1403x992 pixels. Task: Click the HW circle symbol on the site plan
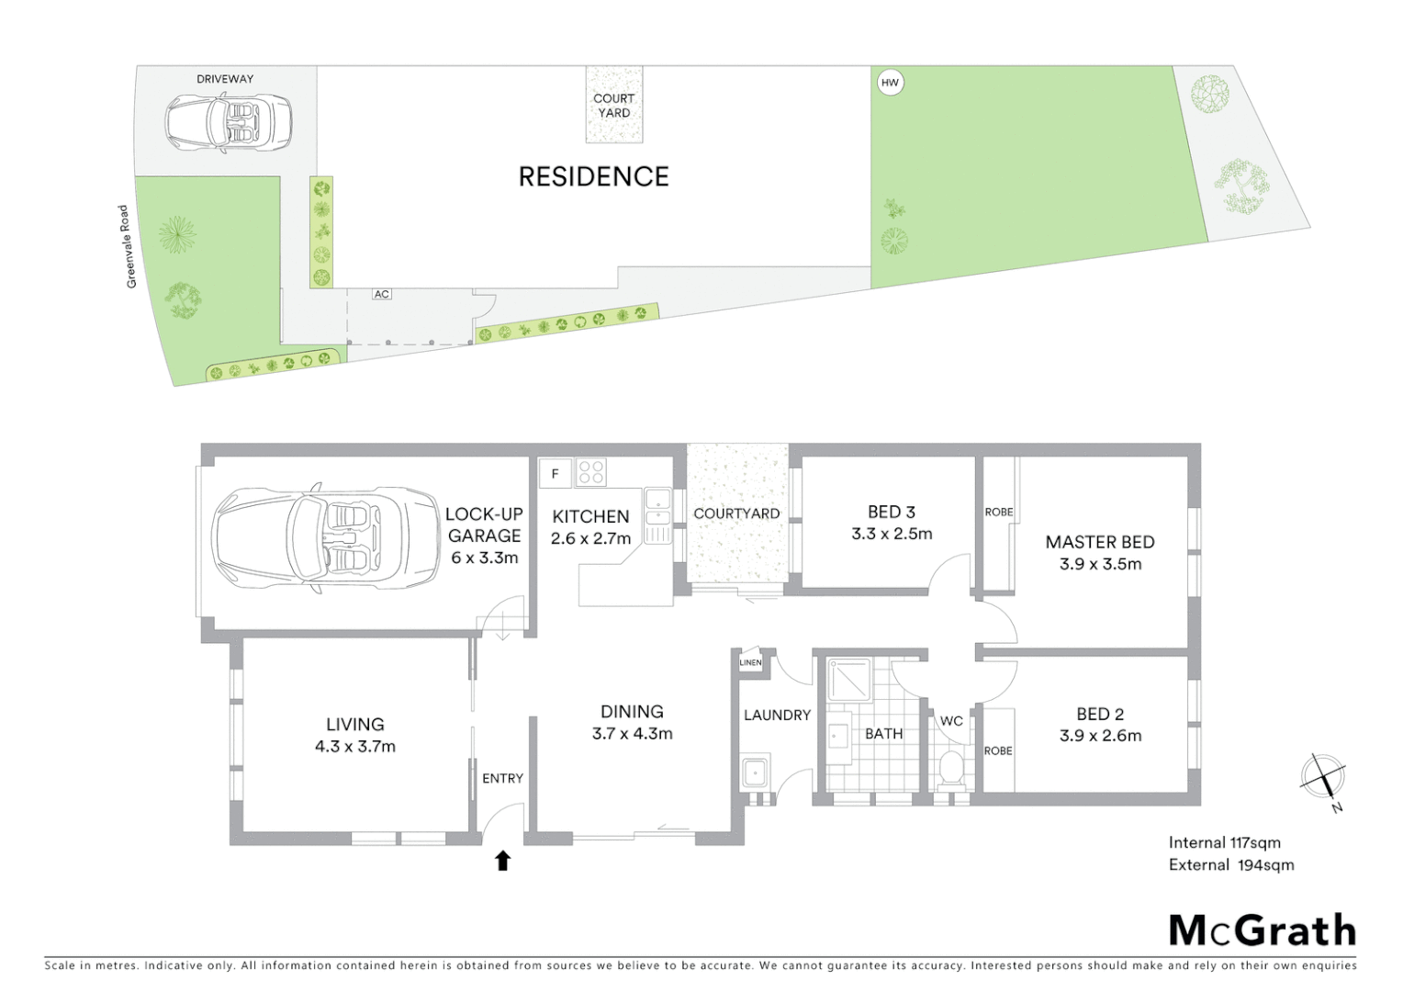click(889, 83)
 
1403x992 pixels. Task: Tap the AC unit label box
click(381, 294)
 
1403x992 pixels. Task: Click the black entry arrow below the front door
click(502, 861)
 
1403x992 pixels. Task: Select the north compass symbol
click(1323, 777)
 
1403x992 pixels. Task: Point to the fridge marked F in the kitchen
click(555, 474)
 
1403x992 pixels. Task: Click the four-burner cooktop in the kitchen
click(591, 473)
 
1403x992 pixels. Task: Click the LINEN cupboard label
click(750, 662)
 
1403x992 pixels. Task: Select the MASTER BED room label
click(1099, 542)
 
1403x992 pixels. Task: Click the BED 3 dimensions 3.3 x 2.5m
click(891, 534)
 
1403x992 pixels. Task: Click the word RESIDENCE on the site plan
click(593, 176)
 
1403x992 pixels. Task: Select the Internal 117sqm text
click(1224, 842)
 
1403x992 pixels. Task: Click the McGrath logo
click(1262, 930)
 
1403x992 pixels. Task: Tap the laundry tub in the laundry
click(756, 772)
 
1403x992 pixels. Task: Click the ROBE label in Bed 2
click(997, 750)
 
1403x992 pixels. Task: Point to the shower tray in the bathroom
click(848, 681)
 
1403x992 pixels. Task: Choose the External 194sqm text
click(1230, 864)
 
